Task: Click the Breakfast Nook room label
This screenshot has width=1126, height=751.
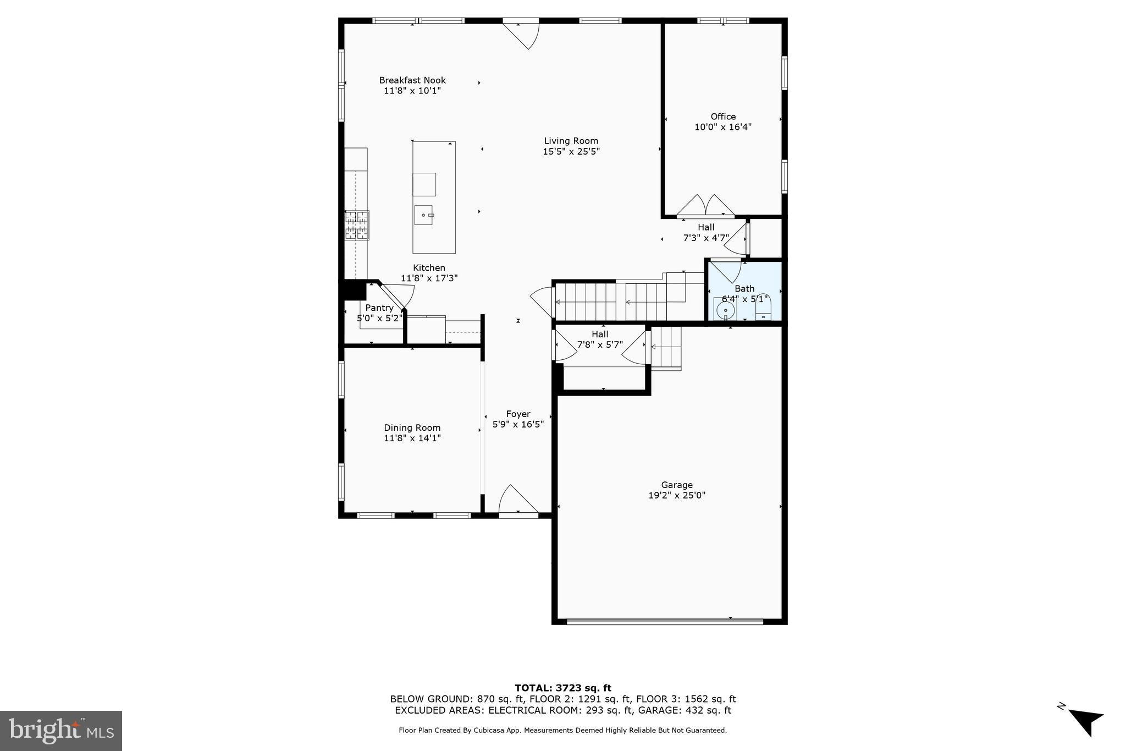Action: [412, 80]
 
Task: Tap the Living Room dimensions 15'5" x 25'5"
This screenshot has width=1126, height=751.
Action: [571, 151]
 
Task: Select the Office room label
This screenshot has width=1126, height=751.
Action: [722, 117]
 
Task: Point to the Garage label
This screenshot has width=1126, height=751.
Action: [676, 485]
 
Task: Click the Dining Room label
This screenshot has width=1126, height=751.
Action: [412, 427]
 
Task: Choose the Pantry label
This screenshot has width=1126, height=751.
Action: [379, 308]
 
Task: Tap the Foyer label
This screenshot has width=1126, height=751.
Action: [518, 414]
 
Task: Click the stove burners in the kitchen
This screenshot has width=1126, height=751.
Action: [357, 226]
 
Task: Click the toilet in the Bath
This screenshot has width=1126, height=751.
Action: [764, 309]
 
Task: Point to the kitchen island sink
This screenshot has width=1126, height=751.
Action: [423, 215]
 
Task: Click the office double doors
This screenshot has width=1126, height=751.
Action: [705, 206]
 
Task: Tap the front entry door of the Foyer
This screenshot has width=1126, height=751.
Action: [518, 501]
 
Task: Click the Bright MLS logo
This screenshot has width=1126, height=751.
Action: [61, 731]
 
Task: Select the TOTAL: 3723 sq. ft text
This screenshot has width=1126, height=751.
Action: [562, 688]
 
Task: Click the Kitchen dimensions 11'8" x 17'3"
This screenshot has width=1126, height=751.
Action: [429, 278]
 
